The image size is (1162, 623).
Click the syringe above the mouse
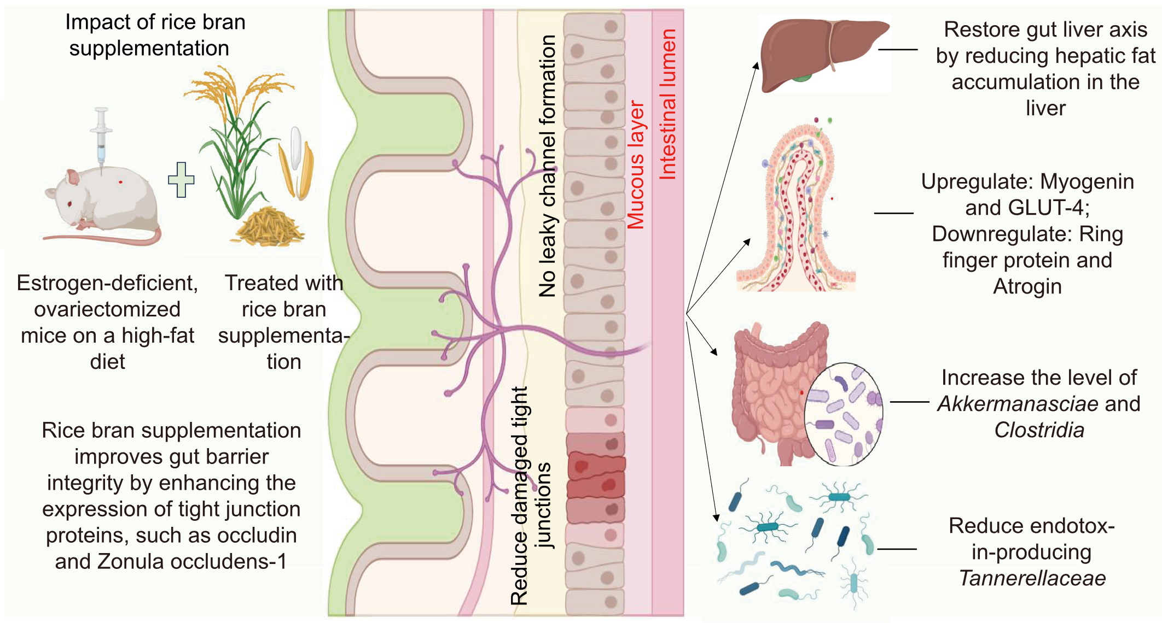(101, 137)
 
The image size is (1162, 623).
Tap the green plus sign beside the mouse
(181, 179)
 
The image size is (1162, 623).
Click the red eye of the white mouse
(70, 204)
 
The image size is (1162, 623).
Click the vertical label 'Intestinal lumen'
(667, 104)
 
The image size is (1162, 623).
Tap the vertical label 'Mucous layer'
(636, 164)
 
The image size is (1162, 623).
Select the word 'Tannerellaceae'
(1032, 578)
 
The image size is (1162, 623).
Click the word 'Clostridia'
(1039, 430)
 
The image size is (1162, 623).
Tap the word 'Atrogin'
(1027, 286)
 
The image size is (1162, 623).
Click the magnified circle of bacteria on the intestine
(844, 414)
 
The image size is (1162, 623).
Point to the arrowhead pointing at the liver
(756, 66)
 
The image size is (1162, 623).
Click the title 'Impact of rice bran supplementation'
(155, 35)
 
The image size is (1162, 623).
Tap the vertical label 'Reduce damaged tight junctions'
(530, 495)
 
